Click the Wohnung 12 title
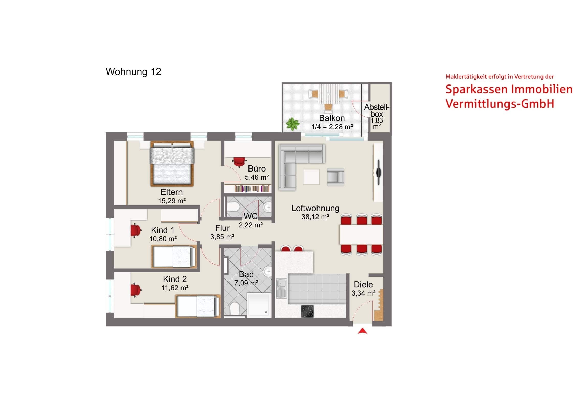(x=133, y=72)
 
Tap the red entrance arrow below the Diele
(x=362, y=331)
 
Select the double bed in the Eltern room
(x=172, y=163)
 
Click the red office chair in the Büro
(x=239, y=162)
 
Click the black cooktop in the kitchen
(x=307, y=311)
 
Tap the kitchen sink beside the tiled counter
(x=282, y=289)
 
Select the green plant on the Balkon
(x=293, y=124)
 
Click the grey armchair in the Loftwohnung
(x=335, y=177)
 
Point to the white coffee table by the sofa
(x=311, y=177)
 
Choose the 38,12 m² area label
(x=315, y=217)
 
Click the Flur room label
(x=222, y=228)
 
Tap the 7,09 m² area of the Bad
(x=246, y=283)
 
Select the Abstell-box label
(x=377, y=111)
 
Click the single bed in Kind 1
(x=174, y=257)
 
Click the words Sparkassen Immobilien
(x=509, y=89)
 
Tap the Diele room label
(x=363, y=284)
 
